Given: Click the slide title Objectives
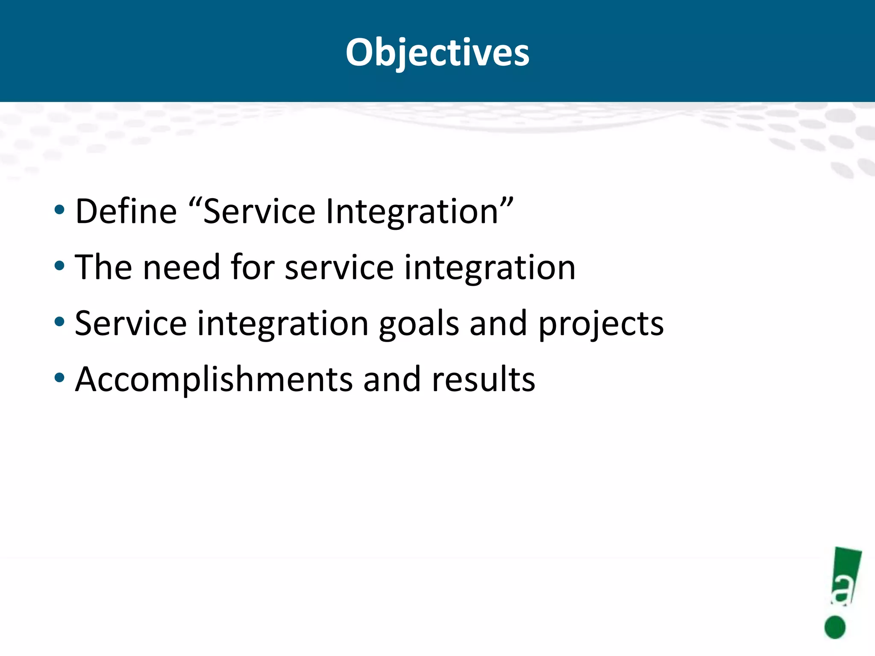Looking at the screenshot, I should click(x=437, y=53).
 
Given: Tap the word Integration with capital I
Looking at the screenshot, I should click(x=412, y=212).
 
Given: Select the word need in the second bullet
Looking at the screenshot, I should click(x=181, y=267).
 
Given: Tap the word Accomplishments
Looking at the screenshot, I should click(x=214, y=380).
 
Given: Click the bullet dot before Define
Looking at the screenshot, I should click(x=59, y=210).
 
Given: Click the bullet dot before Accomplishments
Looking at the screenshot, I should click(x=59, y=378).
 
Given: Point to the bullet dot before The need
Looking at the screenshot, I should click(x=59, y=266).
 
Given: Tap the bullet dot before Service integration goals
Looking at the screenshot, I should click(x=59, y=322).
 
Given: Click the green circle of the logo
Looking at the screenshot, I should click(x=835, y=627).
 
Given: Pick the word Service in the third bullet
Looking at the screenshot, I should click(x=131, y=323).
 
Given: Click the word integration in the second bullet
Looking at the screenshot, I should click(x=490, y=268).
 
